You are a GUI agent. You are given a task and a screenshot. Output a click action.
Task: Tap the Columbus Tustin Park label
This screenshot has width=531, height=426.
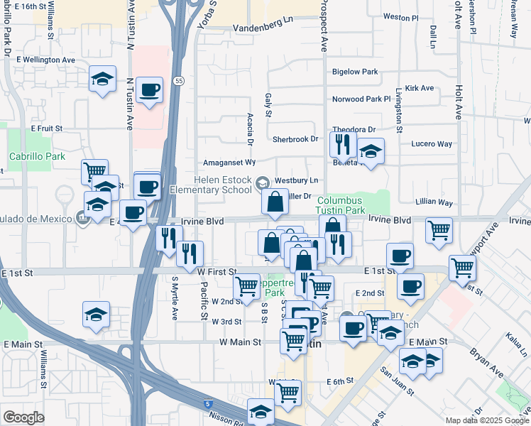(341, 206)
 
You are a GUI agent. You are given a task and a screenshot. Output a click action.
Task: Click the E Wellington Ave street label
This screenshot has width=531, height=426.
(43, 60)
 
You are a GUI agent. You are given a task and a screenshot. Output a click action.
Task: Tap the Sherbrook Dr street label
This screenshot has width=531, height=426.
(295, 138)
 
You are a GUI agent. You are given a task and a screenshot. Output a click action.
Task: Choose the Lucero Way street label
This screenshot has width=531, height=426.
(432, 143)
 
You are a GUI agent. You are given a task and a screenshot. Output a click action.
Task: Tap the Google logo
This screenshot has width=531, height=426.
(23, 417)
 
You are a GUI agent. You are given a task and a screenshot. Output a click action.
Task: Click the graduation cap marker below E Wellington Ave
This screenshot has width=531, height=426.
(103, 79)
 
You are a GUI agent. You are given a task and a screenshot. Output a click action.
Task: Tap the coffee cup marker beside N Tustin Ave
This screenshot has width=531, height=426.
(148, 90)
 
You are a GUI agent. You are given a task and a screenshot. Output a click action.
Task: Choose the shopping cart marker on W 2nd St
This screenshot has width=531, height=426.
(246, 287)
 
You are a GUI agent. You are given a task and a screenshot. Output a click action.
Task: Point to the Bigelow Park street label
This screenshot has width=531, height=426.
(355, 72)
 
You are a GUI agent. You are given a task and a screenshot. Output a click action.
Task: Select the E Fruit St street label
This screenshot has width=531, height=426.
(47, 129)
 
